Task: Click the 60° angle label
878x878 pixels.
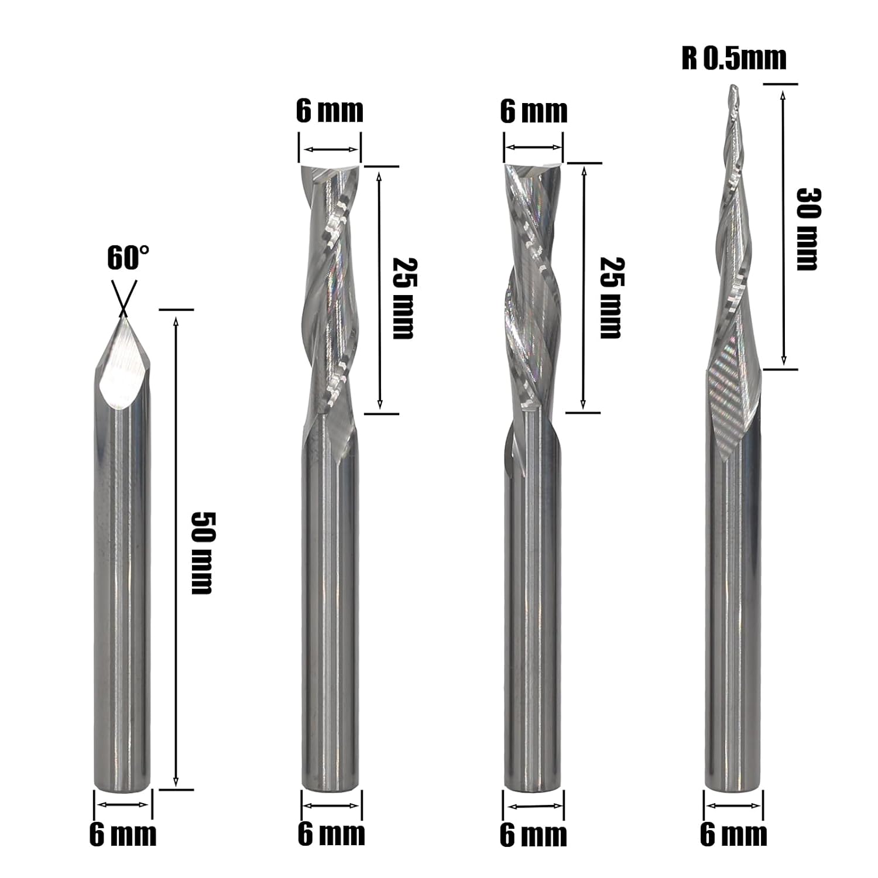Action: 128,258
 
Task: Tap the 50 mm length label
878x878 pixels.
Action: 203,553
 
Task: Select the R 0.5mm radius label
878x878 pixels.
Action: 734,59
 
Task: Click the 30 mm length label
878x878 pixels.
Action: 808,229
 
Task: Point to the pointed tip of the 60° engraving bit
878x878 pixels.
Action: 123,316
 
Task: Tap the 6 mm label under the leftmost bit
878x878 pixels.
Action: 123,834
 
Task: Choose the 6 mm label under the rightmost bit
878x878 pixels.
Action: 733,834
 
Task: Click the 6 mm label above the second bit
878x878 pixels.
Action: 330,111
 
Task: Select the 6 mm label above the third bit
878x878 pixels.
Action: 534,111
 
